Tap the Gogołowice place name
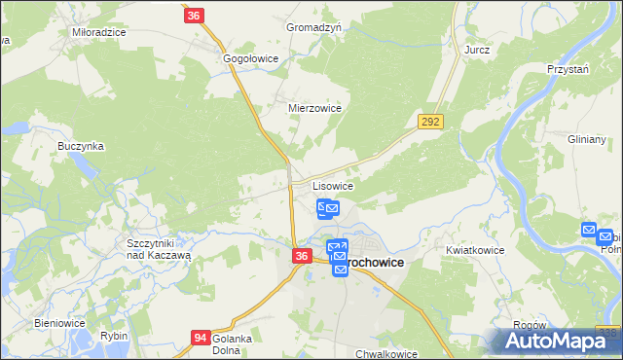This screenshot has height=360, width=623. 251,58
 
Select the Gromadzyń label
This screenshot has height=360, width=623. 313,28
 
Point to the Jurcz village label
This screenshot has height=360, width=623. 477,49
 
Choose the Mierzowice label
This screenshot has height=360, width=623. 314,108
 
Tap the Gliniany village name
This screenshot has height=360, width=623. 587,139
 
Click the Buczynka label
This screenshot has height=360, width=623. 81,146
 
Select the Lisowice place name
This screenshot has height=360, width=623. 332,185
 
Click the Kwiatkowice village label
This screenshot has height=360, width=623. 475,250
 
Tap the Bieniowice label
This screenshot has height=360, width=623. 60,322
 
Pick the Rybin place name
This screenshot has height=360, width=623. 114,336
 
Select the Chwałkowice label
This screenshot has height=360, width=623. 386,354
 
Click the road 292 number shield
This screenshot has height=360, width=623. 431,122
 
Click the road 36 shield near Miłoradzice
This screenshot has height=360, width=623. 194,16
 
